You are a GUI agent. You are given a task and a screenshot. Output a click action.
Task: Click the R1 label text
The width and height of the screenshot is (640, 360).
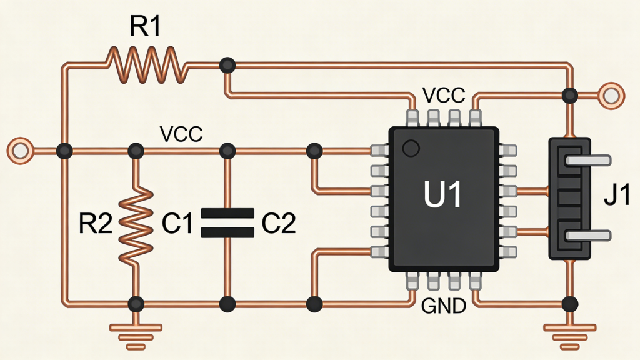[145, 27]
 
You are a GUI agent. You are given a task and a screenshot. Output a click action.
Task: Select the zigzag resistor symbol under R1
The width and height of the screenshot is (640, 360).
[146, 63]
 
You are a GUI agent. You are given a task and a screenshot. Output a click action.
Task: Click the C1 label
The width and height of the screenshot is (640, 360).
[177, 223]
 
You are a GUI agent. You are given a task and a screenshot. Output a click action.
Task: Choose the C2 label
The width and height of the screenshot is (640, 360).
[278, 223]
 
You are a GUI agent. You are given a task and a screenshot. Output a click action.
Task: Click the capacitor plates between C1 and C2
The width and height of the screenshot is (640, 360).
[227, 223]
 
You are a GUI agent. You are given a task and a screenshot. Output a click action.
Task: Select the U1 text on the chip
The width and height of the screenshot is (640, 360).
[442, 195]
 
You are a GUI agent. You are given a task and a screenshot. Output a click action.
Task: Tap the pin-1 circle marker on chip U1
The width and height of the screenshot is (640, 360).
[410, 148]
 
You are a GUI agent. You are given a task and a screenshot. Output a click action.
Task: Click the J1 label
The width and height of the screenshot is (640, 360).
[617, 199]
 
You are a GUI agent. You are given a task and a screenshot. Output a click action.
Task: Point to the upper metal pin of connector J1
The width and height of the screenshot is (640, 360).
[587, 161]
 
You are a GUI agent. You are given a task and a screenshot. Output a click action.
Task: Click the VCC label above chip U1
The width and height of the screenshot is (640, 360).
[444, 96]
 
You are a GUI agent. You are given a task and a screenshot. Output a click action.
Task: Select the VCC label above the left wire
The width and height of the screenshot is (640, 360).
[181, 134]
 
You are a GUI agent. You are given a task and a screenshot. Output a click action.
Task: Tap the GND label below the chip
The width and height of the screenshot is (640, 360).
[443, 307]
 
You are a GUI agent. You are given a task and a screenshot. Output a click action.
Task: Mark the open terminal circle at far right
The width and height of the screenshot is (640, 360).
[611, 95]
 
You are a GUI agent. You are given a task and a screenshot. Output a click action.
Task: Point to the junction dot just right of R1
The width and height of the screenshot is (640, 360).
[228, 64]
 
